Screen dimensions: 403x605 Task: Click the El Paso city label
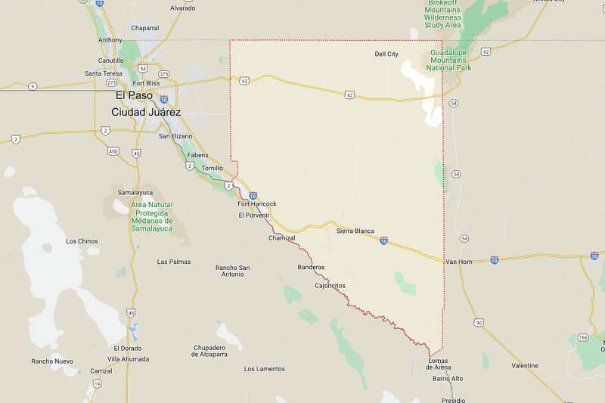[x=135, y=96]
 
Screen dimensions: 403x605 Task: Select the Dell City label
[x=386, y=54]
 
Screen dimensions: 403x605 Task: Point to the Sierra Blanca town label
[x=355, y=231]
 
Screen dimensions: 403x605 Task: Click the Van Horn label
[x=459, y=262]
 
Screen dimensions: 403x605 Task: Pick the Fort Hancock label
[x=257, y=204]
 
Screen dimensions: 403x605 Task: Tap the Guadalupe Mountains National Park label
[x=451, y=58]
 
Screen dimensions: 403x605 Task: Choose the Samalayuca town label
[x=135, y=192]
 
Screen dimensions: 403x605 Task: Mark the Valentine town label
[x=524, y=365]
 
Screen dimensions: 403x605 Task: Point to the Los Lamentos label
[x=265, y=369]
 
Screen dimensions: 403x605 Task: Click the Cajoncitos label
[x=330, y=285]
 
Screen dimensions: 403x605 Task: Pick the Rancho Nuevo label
[x=52, y=361]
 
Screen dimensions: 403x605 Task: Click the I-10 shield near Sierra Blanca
[x=383, y=241]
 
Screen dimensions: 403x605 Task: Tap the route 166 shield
[x=582, y=336]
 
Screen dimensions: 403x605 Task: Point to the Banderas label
[x=311, y=267]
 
